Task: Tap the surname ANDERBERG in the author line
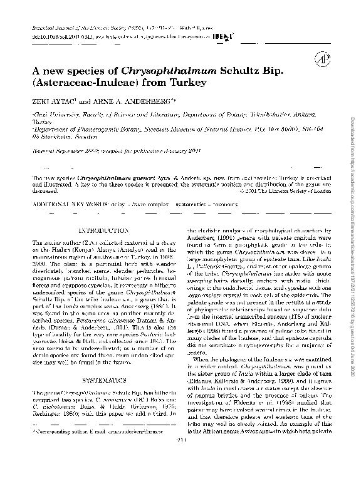[142, 99]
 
